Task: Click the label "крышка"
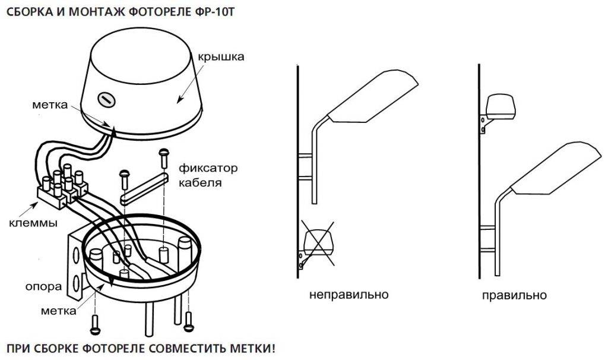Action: pyautogui.click(x=221, y=56)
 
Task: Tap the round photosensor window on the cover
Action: pyautogui.click(x=106, y=99)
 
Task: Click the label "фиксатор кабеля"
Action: pyautogui.click(x=208, y=175)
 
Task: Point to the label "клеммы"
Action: pyautogui.click(x=33, y=223)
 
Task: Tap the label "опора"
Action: pyautogui.click(x=43, y=286)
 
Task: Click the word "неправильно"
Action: pyautogui.click(x=349, y=295)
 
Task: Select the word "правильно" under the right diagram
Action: pyautogui.click(x=514, y=295)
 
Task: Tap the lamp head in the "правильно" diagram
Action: pyautogui.click(x=556, y=168)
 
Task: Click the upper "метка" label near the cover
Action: pyautogui.click(x=50, y=105)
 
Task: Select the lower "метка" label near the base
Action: pyautogui.click(x=58, y=310)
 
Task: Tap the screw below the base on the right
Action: pyautogui.click(x=189, y=321)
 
